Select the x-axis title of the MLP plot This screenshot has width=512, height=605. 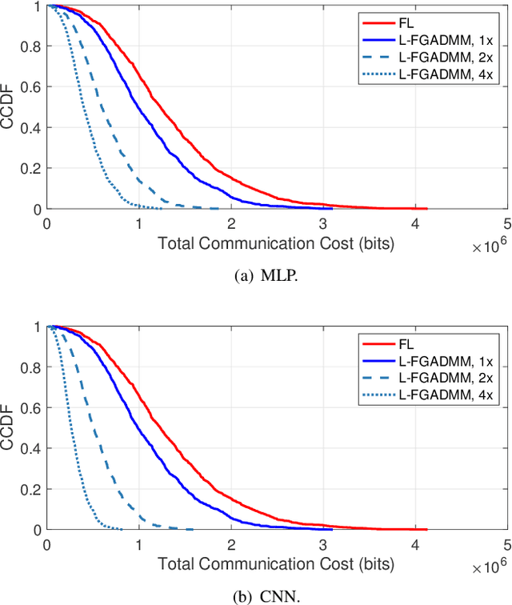pos(276,241)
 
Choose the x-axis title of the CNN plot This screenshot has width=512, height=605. pos(276,562)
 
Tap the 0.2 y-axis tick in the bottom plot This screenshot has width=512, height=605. pos(34,489)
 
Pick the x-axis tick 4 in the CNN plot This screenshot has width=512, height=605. pos(414,544)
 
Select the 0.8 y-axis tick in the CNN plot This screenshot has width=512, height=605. pos(34,367)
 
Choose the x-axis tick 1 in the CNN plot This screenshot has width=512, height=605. pos(139,544)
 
